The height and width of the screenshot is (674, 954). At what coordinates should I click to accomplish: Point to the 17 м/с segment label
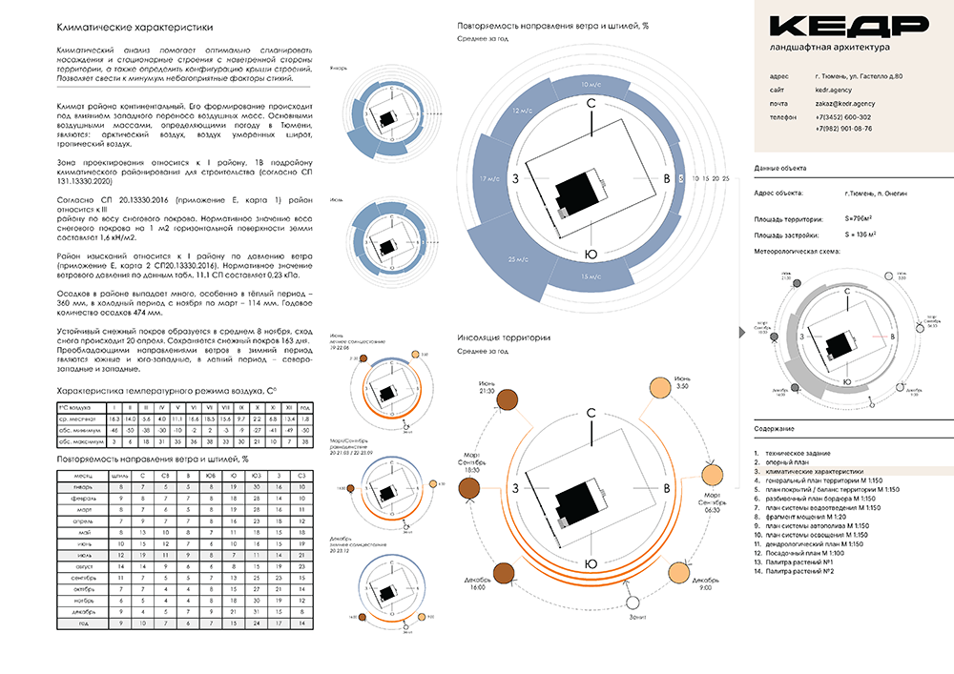pos(490,178)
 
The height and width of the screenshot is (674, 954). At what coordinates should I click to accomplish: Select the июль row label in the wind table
pos(83,553)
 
